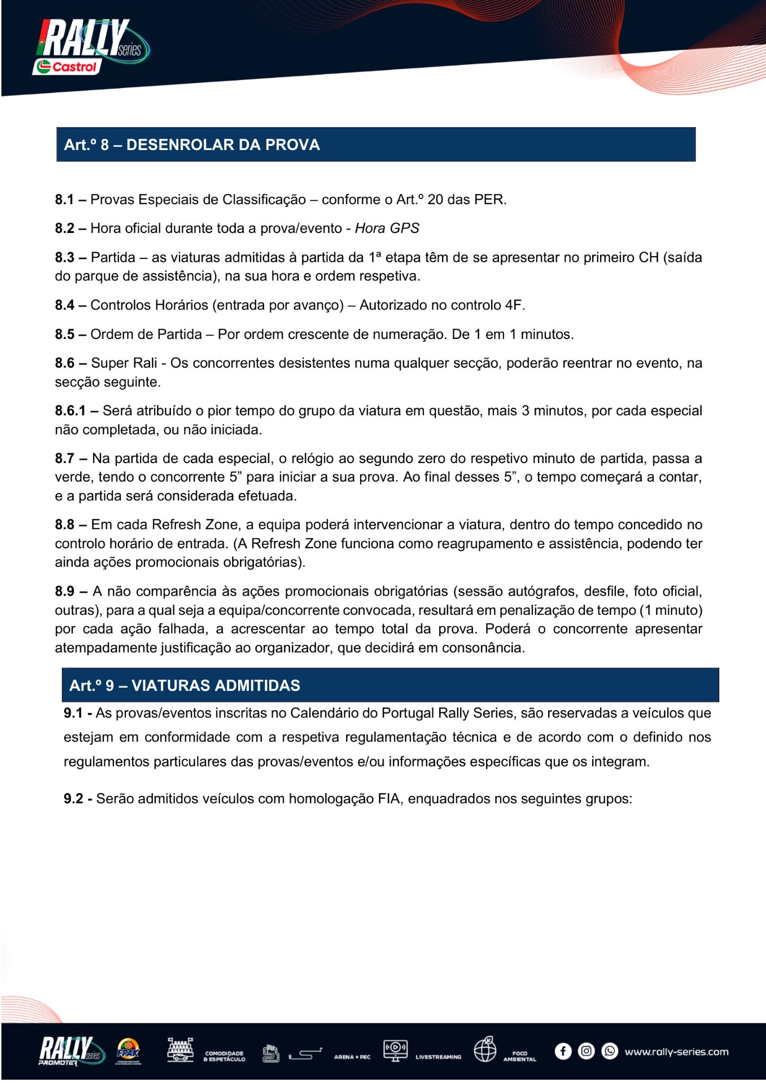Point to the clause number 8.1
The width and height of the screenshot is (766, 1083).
64,200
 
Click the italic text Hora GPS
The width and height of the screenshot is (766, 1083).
387,228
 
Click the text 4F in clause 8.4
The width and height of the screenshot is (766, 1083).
513,305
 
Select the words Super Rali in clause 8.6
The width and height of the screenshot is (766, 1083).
124,363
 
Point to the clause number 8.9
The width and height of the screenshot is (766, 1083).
64,591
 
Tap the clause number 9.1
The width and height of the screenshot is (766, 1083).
73,713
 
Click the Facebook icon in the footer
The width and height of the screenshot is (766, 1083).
563,1051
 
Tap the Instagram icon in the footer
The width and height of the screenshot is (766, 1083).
586,1051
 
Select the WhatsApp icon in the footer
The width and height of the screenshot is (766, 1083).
610,1051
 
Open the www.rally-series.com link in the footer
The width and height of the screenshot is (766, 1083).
676,1051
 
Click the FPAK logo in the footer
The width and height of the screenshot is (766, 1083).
128,1051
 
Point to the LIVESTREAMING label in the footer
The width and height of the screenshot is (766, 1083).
438,1056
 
